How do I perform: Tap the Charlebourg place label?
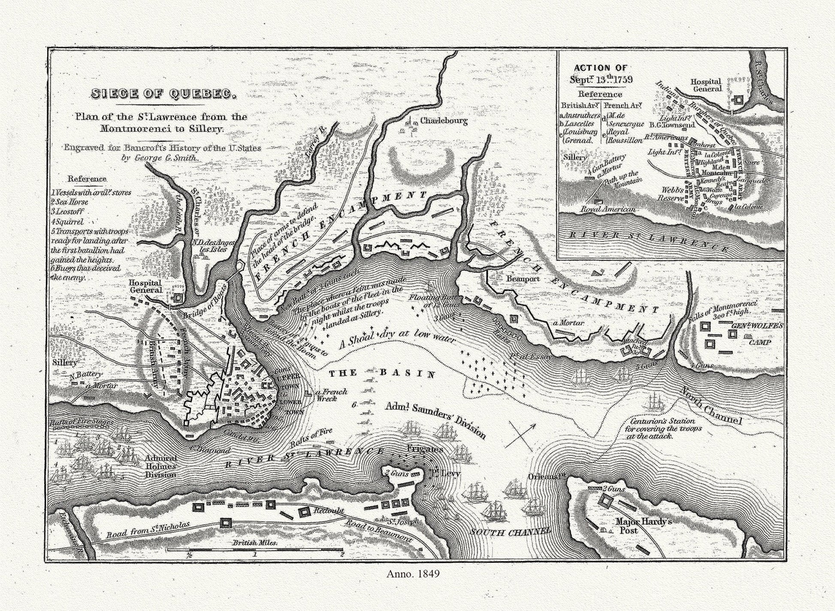443,121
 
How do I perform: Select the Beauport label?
523,279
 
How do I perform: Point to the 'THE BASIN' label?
382,373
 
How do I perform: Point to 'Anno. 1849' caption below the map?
413,586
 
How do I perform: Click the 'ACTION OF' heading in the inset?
600,67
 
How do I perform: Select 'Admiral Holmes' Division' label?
160,466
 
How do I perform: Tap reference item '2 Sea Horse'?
70,202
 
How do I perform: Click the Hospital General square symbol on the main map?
178,298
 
